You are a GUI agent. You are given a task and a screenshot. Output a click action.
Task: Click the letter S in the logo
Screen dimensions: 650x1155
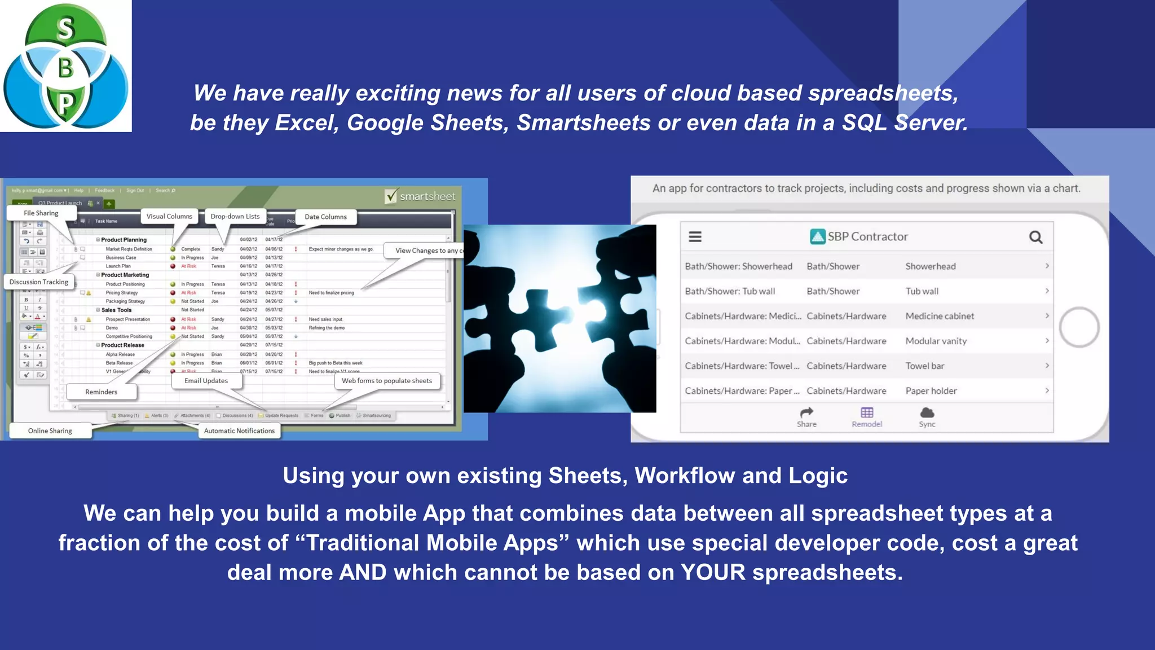[66, 28]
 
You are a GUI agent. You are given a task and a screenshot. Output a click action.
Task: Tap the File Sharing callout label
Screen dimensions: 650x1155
[41, 213]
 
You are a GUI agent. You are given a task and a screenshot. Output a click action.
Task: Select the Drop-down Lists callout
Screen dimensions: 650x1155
[235, 217]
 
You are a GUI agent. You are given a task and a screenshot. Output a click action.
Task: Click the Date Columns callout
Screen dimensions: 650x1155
[326, 217]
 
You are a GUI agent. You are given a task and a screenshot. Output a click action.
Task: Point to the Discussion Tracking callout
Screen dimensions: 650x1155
[39, 282]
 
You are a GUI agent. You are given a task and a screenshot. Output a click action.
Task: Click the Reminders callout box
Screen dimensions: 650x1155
[102, 392]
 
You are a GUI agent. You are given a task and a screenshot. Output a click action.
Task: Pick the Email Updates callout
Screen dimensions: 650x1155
[206, 381]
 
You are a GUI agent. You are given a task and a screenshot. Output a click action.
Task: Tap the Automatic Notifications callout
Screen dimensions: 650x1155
[240, 431]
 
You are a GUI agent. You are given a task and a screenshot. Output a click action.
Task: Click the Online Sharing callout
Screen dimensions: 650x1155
[50, 431]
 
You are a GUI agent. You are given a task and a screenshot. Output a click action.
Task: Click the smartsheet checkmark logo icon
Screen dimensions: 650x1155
[391, 196]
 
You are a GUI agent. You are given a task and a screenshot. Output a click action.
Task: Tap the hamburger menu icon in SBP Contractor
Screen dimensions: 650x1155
[695, 237]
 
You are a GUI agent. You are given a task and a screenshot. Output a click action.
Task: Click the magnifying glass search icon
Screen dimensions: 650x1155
[1035, 237]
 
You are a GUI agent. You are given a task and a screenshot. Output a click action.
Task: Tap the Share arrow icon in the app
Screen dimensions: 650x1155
[806, 412]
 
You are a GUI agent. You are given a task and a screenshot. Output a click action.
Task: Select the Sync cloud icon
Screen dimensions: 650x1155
[927, 412]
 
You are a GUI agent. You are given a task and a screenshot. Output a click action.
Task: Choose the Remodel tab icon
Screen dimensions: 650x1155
[867, 412]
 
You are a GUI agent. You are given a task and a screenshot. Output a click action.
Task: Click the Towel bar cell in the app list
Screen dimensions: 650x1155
[925, 366]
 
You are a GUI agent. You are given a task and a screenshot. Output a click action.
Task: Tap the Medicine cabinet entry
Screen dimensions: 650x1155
[940, 317]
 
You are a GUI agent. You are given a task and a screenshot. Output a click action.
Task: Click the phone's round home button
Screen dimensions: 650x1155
[1079, 327]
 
